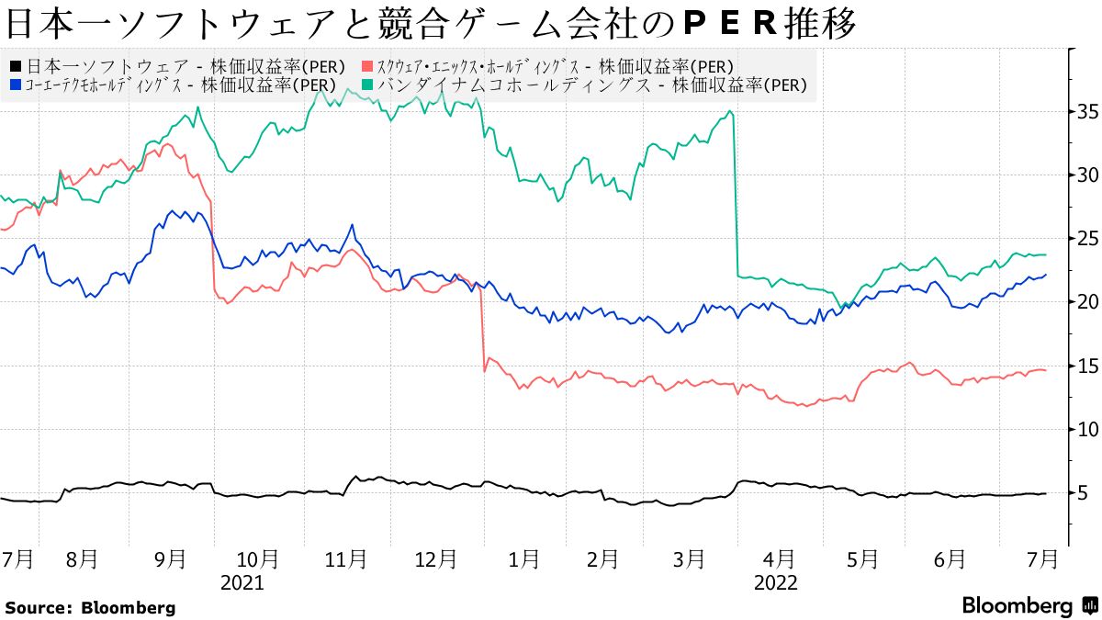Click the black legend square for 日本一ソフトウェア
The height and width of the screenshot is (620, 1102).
pyautogui.click(x=16, y=66)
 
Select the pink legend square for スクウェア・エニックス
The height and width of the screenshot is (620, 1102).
pyautogui.click(x=369, y=66)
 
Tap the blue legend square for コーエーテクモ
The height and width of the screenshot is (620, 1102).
pyautogui.click(x=16, y=85)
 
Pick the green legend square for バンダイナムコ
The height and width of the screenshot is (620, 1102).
pyautogui.click(x=367, y=85)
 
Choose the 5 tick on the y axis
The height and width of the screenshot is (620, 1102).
pyautogui.click(x=1084, y=493)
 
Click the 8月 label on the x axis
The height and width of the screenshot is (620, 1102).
pyautogui.click(x=83, y=558)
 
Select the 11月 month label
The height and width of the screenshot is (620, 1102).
pyautogui.click(x=347, y=558)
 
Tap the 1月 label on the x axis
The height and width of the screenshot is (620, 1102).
pyautogui.click(x=524, y=558)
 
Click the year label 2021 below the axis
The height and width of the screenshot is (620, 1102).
pyautogui.click(x=242, y=582)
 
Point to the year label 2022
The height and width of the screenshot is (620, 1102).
pyautogui.click(x=776, y=582)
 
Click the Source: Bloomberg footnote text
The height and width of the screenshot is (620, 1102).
pyautogui.click(x=90, y=607)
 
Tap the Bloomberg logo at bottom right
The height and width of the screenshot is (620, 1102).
pyautogui.click(x=1029, y=605)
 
